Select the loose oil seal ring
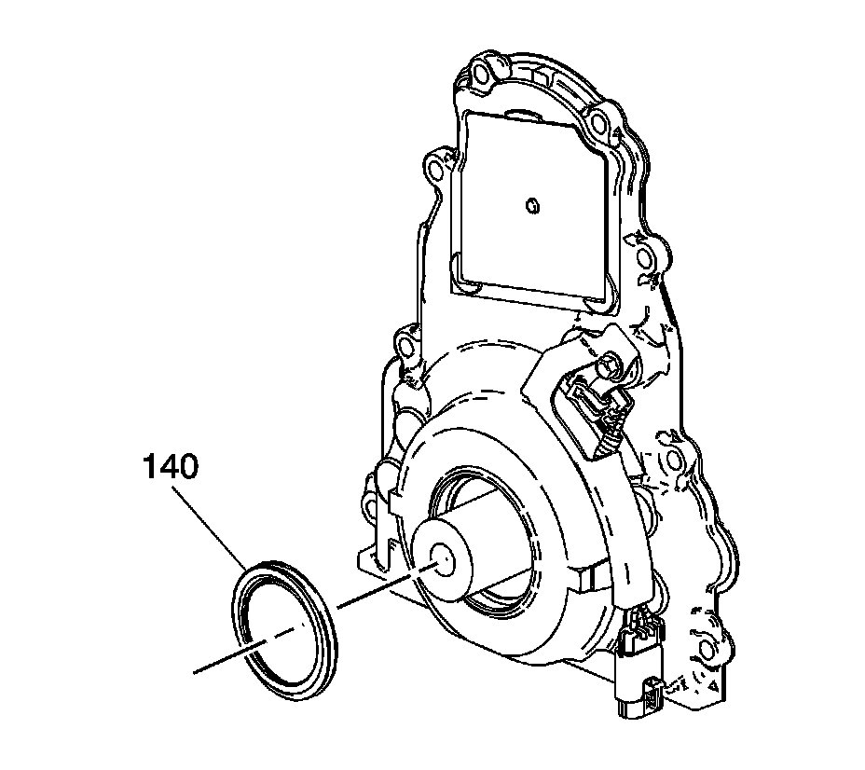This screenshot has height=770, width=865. click(283, 625)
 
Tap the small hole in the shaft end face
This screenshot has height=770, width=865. click(443, 561)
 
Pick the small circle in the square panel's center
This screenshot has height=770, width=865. click(531, 204)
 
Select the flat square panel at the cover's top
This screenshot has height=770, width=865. click(531, 200)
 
